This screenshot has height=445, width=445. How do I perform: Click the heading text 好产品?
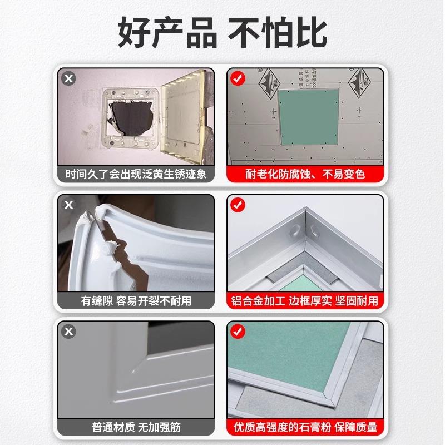[166, 32]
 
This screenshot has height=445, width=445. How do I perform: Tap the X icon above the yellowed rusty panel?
[69, 79]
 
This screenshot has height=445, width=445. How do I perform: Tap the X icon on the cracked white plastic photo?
[69, 205]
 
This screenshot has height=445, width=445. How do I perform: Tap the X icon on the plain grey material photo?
[69, 332]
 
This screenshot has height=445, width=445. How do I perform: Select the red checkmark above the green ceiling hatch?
[238, 79]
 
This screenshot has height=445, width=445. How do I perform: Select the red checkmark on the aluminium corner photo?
[238, 205]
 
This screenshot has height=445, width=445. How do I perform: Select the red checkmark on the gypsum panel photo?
[238, 332]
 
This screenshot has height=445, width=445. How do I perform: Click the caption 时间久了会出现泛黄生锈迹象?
[136, 174]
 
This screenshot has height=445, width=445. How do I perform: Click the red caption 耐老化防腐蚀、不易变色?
[305, 174]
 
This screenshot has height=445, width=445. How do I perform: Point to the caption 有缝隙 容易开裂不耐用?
[136, 301]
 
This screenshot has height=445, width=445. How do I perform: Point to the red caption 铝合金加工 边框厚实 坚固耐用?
[305, 301]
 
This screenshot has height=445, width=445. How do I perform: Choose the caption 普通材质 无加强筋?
[136, 428]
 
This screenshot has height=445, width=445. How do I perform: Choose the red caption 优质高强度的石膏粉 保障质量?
[305, 428]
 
